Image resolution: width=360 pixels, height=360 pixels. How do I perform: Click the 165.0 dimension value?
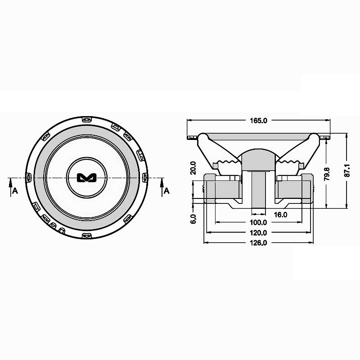tap(258, 121)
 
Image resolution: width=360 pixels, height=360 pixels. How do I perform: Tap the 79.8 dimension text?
tap(328, 174)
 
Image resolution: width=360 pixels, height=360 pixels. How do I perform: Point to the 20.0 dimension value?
tap(193, 168)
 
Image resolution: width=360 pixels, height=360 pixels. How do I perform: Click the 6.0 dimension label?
tap(193, 219)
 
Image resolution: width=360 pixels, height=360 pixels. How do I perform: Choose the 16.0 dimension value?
tap(280, 215)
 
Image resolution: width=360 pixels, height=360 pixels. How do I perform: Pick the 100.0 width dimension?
tap(258, 223)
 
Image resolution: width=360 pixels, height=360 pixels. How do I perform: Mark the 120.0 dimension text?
tap(258, 233)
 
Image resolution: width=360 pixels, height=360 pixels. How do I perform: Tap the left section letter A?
tap(15, 190)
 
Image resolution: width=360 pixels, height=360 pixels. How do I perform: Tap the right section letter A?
tap(166, 190)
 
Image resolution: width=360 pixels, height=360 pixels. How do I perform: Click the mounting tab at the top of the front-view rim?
tap(86, 120)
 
